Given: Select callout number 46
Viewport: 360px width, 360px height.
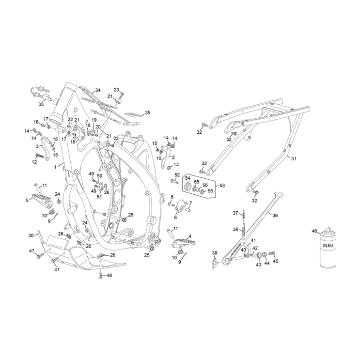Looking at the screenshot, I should point(314,232).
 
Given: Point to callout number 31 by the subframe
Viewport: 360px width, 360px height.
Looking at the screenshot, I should point(293,158).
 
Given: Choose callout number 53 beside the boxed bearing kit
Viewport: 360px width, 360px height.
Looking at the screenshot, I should point(222,185).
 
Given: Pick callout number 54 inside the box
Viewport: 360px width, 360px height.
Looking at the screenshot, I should point(187,178).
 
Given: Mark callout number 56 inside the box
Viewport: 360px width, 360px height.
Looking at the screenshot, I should point(205,185).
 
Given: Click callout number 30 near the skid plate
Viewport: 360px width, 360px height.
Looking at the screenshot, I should point(31,235).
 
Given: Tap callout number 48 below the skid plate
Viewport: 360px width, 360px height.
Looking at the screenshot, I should point(109,276).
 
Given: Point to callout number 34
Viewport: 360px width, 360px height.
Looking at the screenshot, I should point(97,90).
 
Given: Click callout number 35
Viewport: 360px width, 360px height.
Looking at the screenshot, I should point(147,112).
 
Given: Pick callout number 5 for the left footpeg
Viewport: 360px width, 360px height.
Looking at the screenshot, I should point(27,200).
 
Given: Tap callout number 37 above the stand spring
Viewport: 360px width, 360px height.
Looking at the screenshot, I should point(235,213).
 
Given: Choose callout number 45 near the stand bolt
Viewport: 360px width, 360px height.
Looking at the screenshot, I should point(276,261).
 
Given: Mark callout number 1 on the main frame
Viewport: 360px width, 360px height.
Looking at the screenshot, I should point(55,166).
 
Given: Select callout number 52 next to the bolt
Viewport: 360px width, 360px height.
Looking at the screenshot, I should point(177,174).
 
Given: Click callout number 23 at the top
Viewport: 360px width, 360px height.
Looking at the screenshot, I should point(116,90).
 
